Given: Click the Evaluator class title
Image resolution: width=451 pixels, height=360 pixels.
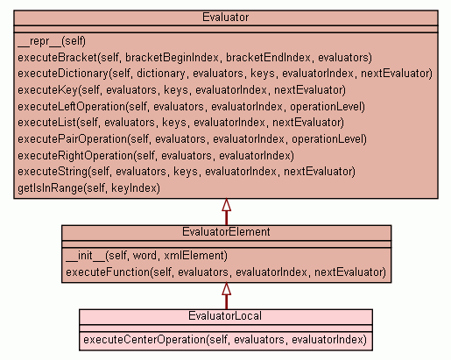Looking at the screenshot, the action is pos(225,18).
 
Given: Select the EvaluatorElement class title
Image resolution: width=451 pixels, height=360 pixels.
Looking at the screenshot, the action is pos(226,232).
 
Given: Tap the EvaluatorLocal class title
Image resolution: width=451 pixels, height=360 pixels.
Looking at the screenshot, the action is pos(225,316).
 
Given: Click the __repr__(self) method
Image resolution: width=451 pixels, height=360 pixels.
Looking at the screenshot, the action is pos(52,41).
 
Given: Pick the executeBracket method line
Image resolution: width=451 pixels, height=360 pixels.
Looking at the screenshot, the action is pos(195,58).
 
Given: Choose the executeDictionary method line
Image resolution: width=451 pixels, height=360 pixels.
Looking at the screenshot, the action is pos(225,74).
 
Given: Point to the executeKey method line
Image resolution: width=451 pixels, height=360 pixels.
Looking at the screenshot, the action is pos(181,90).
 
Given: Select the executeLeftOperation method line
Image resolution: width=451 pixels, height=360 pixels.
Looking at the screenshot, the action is pos(191,107).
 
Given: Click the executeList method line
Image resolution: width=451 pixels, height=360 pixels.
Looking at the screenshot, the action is pos(181,123).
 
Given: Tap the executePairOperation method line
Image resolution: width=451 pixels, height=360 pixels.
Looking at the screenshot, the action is pos(192,139).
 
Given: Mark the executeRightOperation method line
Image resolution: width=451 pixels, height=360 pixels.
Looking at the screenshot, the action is pos(156,156).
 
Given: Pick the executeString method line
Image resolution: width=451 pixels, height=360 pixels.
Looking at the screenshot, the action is pos(187,172).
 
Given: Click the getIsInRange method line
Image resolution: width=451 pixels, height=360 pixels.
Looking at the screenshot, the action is pos(89,188).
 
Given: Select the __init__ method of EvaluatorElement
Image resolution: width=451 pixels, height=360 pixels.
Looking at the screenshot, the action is pos(146,256).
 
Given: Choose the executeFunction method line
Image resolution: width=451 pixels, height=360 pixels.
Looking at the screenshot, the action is pos(226,272).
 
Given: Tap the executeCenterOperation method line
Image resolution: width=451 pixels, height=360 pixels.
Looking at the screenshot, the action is pos(225,340).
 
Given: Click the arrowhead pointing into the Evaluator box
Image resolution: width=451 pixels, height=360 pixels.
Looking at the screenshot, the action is pos(227,205).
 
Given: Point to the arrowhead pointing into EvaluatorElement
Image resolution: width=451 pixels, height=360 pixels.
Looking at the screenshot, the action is pos(227,288).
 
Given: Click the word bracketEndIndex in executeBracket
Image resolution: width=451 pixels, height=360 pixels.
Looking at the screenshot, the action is pos(268,58).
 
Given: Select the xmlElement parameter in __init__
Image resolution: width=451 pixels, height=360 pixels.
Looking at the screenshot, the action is pos(195,256).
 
